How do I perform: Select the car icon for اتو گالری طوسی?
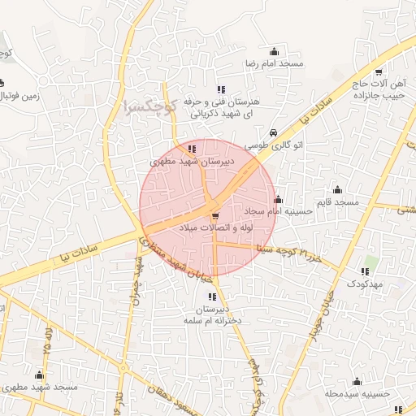(273, 132)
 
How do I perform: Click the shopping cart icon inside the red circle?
(214, 216)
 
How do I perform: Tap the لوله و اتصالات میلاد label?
(215, 230)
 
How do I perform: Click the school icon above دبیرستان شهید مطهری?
(192, 149)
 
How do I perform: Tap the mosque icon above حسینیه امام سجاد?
(279, 199)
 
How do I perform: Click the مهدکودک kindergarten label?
(366, 284)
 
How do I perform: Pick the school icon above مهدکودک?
(366, 271)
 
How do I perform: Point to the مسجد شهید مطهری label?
(45, 388)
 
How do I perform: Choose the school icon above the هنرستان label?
(220, 90)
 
